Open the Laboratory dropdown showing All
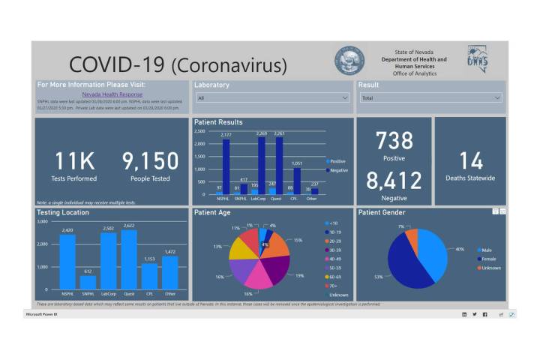[x=272, y=98]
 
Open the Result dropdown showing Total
[x=430, y=98]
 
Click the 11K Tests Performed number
[x=74, y=161]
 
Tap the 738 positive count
[x=394, y=141]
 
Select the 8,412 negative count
[x=394, y=181]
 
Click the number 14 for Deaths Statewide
[x=471, y=161]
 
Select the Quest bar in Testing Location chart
[x=129, y=259]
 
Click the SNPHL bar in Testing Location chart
[x=88, y=282]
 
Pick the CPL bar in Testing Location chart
[x=149, y=275]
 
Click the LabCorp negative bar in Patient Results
[x=262, y=166]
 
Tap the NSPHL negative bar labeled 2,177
[x=226, y=166]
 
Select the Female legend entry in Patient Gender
[x=487, y=259]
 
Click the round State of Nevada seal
[x=349, y=61]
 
